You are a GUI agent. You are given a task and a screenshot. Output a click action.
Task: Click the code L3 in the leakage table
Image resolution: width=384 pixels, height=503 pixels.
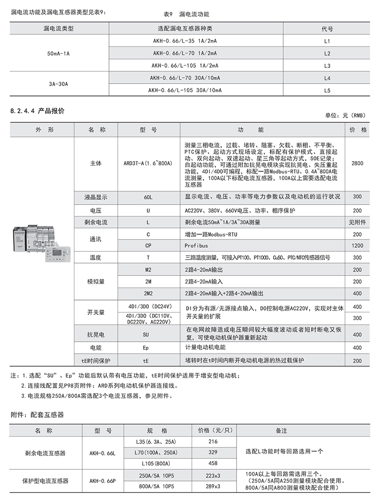pyautogui.click(x=327, y=65)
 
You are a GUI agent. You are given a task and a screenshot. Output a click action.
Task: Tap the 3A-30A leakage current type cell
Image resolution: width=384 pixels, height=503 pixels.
pyautogui.click(x=59, y=84)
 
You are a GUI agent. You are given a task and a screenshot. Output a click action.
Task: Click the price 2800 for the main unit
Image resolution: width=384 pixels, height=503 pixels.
pyautogui.click(x=357, y=164)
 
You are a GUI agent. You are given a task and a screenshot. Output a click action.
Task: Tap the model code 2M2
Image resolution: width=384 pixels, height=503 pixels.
pyautogui.click(x=148, y=293)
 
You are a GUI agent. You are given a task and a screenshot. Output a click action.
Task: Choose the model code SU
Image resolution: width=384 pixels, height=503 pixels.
pyautogui.click(x=148, y=334)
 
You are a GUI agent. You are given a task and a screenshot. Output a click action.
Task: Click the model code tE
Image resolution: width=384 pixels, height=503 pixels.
pyautogui.click(x=148, y=360)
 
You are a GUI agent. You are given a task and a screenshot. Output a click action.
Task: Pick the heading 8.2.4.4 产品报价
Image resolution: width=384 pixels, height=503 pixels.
pyautogui.click(x=37, y=111)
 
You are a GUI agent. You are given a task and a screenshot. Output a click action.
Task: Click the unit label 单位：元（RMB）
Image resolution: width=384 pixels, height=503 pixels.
pyautogui.click(x=345, y=116)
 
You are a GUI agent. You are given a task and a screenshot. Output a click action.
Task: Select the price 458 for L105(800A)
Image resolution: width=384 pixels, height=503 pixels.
pyautogui.click(x=213, y=463)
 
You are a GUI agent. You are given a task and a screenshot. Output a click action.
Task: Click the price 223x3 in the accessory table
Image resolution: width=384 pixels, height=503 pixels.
pyautogui.click(x=213, y=475)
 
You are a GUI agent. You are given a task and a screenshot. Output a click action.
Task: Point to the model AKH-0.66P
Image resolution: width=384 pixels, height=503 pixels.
pyautogui.click(x=102, y=480)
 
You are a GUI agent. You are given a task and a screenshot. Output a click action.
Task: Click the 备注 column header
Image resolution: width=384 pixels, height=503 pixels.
pyautogui.click(x=281, y=431)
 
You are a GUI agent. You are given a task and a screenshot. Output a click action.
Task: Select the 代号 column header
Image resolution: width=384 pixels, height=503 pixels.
pyautogui.click(x=327, y=29)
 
